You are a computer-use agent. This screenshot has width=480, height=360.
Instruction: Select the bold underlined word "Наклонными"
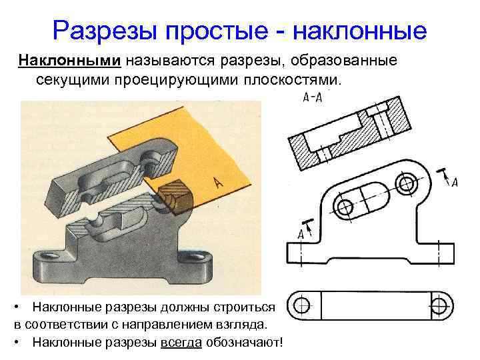pos(69,61)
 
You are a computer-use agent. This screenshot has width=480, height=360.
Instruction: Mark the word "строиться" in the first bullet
pos(243,307)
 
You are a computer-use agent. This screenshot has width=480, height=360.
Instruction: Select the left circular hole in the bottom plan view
pos(302,306)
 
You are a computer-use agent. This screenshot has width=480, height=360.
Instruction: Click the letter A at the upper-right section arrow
pos(455,182)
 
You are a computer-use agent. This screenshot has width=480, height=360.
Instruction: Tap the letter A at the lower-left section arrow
pos(301,234)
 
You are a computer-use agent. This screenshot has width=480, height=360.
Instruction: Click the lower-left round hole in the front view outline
pos(345,206)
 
